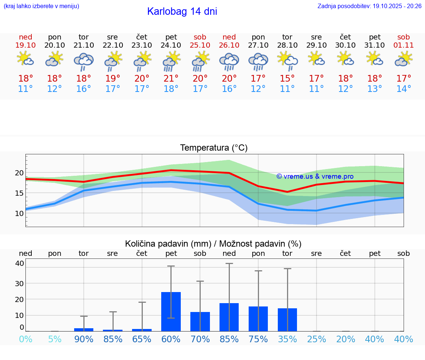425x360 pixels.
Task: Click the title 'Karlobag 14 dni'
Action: (182, 11)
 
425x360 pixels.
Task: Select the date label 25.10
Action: (200, 45)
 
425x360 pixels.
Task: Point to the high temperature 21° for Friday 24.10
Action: (171, 78)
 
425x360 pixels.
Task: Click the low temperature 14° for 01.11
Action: (404, 89)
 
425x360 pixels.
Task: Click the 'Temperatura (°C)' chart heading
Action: (214, 148)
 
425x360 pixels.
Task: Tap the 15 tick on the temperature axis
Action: (19, 193)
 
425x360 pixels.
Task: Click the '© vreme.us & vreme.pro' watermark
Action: (315, 176)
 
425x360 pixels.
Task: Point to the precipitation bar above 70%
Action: (200, 321)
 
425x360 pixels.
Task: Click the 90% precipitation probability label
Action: (84, 339)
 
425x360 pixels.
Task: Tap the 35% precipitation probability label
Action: (287, 339)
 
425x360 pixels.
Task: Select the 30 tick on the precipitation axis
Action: (19, 283)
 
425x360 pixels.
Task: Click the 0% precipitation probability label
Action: (25, 339)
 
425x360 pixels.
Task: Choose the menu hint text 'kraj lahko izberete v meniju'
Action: (41, 6)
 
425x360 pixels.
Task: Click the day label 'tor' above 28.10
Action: (287, 37)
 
